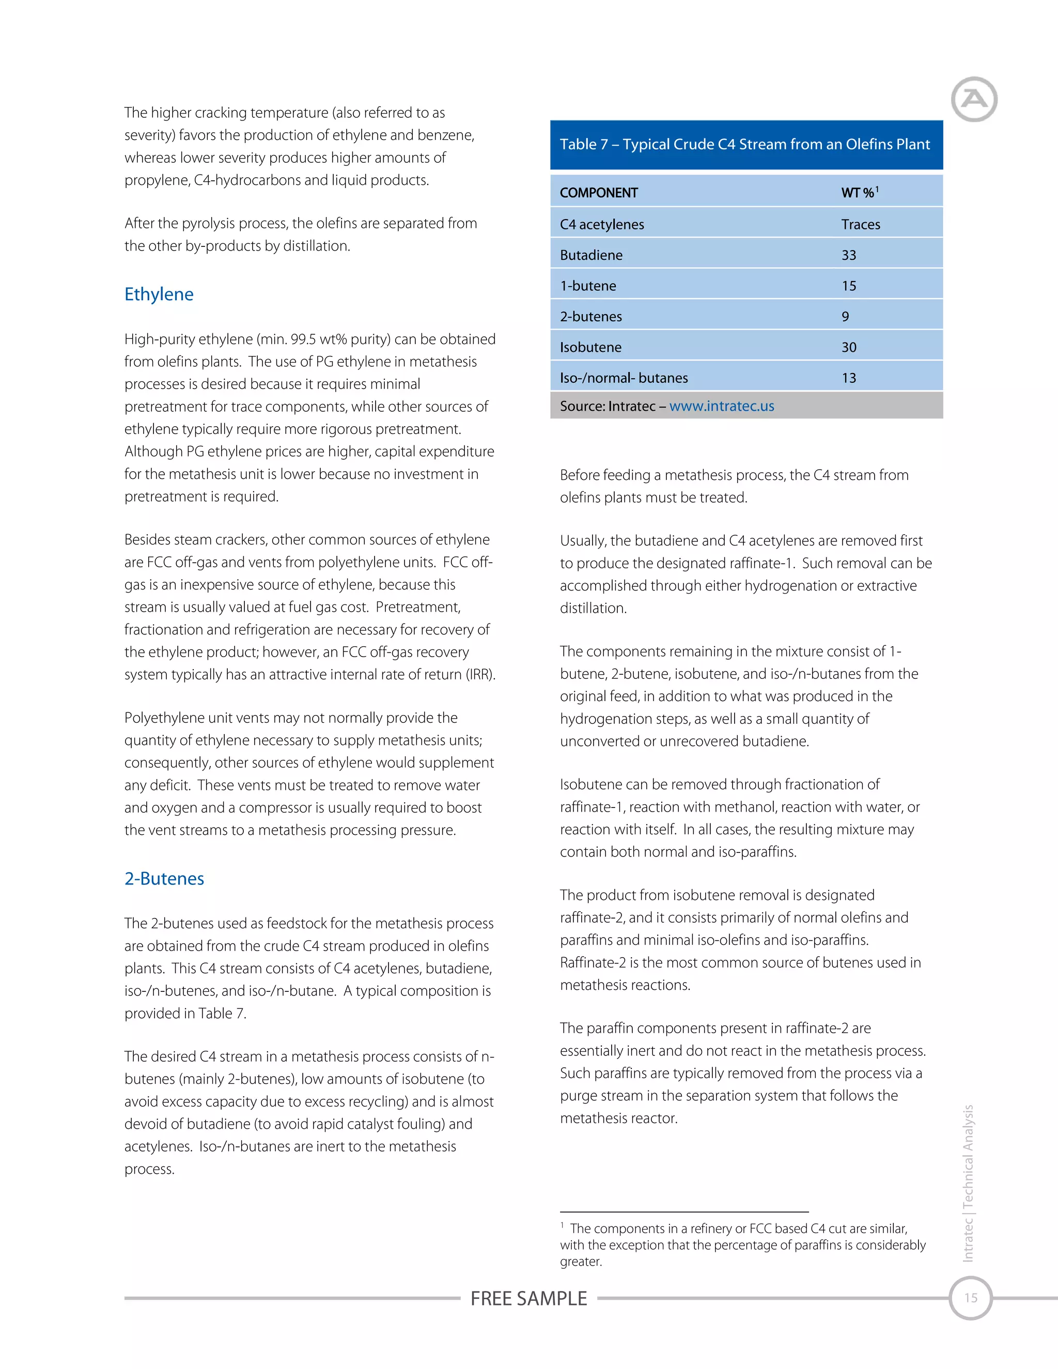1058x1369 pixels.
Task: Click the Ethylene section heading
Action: [x=159, y=294]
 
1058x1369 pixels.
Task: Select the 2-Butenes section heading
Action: [x=164, y=878]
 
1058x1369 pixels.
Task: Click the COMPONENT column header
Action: [x=599, y=193]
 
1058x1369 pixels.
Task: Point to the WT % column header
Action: [x=859, y=193]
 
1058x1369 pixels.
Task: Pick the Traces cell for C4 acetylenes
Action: [x=861, y=224]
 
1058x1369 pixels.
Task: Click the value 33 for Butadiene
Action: [x=849, y=255]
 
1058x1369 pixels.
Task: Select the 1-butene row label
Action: [x=588, y=286]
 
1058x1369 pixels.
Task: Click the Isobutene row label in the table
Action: [x=590, y=347]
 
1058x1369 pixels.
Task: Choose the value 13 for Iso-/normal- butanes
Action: [x=849, y=378]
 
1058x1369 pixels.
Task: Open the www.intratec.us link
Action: [x=721, y=406]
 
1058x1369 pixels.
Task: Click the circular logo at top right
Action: [x=973, y=99]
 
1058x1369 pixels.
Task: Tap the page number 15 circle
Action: [x=970, y=1298]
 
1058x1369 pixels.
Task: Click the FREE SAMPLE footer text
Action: [x=528, y=1298]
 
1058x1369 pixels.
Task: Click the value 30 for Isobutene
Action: [x=849, y=347]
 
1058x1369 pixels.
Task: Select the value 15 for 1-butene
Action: [x=849, y=286]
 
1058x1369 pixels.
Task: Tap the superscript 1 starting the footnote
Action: [x=562, y=1225]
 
